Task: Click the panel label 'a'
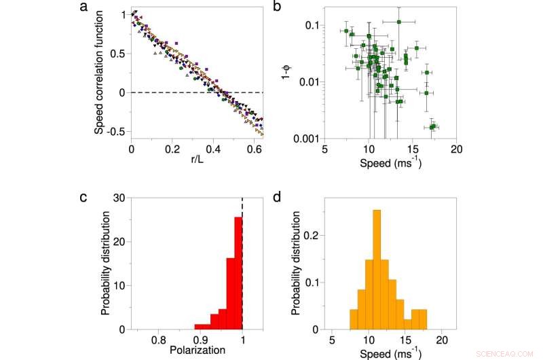coord(102,8)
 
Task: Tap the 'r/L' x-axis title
coord(198,160)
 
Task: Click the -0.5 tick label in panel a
coord(116,132)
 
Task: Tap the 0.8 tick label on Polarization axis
coord(158,338)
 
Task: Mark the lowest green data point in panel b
coord(432,126)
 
